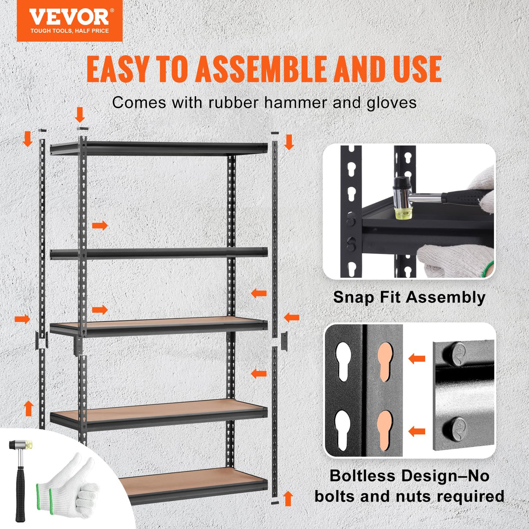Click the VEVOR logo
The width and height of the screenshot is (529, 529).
point(69,17)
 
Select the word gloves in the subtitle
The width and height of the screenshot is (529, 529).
point(391,103)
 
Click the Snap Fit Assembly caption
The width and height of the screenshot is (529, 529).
point(409,297)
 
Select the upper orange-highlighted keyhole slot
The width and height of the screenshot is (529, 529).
point(385,362)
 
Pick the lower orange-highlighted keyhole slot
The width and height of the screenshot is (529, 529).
point(385,431)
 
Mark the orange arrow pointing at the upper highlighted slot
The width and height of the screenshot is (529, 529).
point(417,359)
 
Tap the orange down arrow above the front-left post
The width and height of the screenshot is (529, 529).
point(80,115)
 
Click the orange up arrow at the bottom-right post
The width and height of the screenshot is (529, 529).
point(288,498)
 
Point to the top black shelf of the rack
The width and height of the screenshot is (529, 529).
point(159,149)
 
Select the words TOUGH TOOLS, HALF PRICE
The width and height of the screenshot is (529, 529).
point(69,31)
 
